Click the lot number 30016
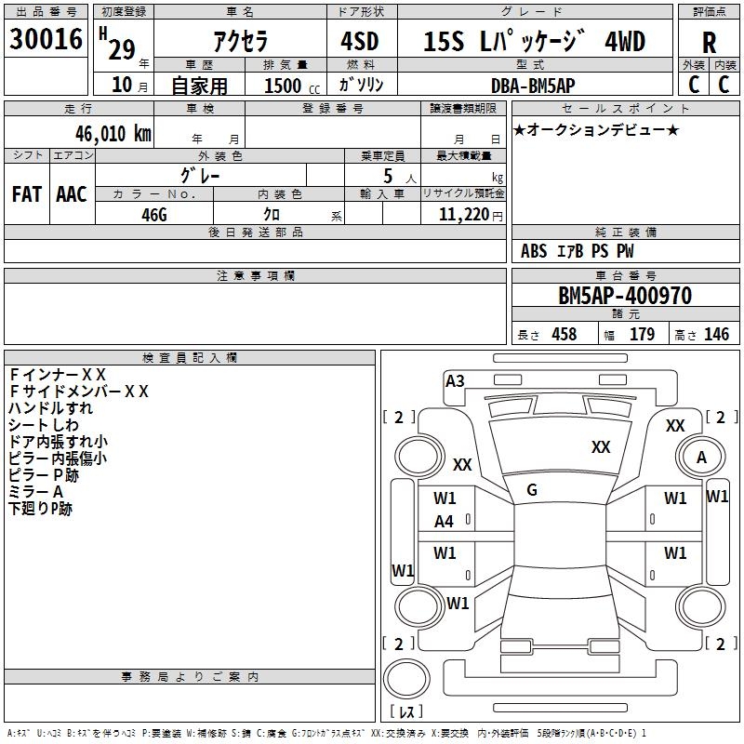click(x=46, y=40)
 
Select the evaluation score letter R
click(x=709, y=43)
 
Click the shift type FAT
click(x=27, y=193)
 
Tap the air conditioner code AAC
click(x=72, y=193)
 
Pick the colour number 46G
click(x=154, y=214)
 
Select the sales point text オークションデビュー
click(x=595, y=129)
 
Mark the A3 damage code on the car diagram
click(x=455, y=380)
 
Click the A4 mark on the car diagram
click(x=445, y=522)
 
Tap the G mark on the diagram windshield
click(x=532, y=490)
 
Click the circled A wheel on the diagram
click(x=701, y=458)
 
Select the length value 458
click(x=564, y=334)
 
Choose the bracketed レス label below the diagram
click(x=407, y=711)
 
